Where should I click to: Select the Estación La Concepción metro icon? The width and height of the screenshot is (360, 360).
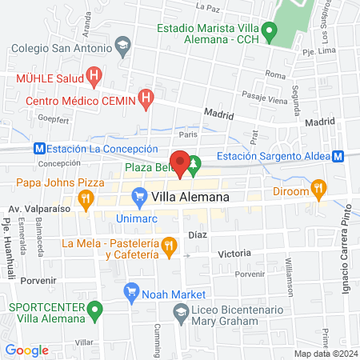pyautogui.click(x=38, y=148)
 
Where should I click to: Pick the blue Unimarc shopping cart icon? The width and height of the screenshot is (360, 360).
pyautogui.click(x=138, y=195)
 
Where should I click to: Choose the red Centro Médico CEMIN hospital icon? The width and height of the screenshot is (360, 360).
pyautogui.click(x=145, y=99)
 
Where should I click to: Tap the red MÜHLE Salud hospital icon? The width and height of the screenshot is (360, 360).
pyautogui.click(x=94, y=78)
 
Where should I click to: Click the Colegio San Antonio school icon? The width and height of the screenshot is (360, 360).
pyautogui.click(x=122, y=46)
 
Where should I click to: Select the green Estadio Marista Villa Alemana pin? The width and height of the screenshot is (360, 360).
pyautogui.click(x=270, y=34)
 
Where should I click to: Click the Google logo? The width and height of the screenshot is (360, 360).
pyautogui.click(x=26, y=350)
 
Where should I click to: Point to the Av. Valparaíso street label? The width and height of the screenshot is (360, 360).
pyautogui.click(x=34, y=209)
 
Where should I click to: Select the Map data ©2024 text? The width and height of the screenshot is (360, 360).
pyautogui.click(x=325, y=354)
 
